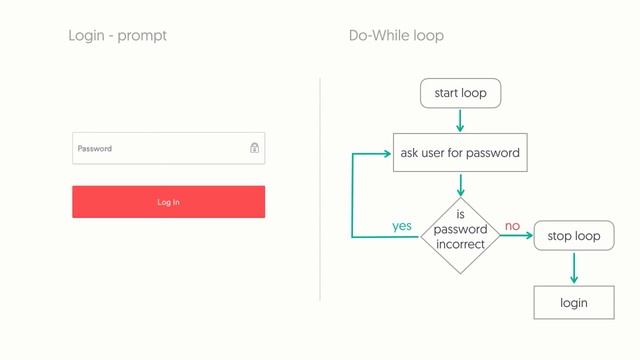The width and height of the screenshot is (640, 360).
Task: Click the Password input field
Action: (160, 148)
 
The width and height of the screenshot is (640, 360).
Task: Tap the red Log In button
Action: (168, 202)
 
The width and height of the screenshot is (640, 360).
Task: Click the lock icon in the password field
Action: (255, 148)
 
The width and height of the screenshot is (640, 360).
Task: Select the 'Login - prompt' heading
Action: (117, 36)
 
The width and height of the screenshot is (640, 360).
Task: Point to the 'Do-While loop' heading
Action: (396, 36)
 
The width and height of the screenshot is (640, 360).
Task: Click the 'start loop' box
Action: (460, 94)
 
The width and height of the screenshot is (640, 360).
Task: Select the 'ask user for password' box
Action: (460, 153)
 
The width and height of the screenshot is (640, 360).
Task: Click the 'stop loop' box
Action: (574, 236)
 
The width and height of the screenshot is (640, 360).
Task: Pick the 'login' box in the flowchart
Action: (574, 302)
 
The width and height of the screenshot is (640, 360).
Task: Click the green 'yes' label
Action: (402, 226)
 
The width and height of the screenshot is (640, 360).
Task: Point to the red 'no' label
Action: (512, 226)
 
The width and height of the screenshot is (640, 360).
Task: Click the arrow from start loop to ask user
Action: (460, 120)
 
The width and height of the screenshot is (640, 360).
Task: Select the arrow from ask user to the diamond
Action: (460, 185)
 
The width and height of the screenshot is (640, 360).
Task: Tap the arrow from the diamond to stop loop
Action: (516, 237)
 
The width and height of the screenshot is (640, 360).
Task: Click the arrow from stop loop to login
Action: (574, 268)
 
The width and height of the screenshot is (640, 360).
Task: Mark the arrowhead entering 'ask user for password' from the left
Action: (387, 154)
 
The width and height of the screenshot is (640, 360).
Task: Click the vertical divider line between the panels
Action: (320, 190)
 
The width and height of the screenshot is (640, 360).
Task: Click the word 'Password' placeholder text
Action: (95, 148)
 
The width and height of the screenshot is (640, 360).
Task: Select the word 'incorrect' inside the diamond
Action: (460, 244)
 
